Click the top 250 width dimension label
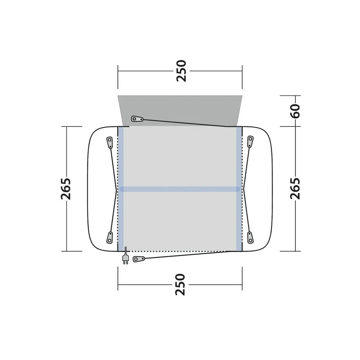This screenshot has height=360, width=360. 181,71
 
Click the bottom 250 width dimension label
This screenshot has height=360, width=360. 180,284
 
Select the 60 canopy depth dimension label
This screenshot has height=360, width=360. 295,111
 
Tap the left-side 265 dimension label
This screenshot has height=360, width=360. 66,188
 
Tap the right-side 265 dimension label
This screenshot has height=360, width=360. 295,188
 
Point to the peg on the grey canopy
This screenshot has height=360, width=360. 137,119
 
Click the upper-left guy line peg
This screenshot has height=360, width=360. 109,142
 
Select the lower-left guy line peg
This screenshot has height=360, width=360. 110,237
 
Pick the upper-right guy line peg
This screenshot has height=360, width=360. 250,141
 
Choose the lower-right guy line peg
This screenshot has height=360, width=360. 250,237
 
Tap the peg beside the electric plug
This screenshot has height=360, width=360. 139,259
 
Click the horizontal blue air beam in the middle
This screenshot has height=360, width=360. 180,189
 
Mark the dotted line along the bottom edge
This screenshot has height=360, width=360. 176,251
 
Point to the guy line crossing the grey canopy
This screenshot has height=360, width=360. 183,123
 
